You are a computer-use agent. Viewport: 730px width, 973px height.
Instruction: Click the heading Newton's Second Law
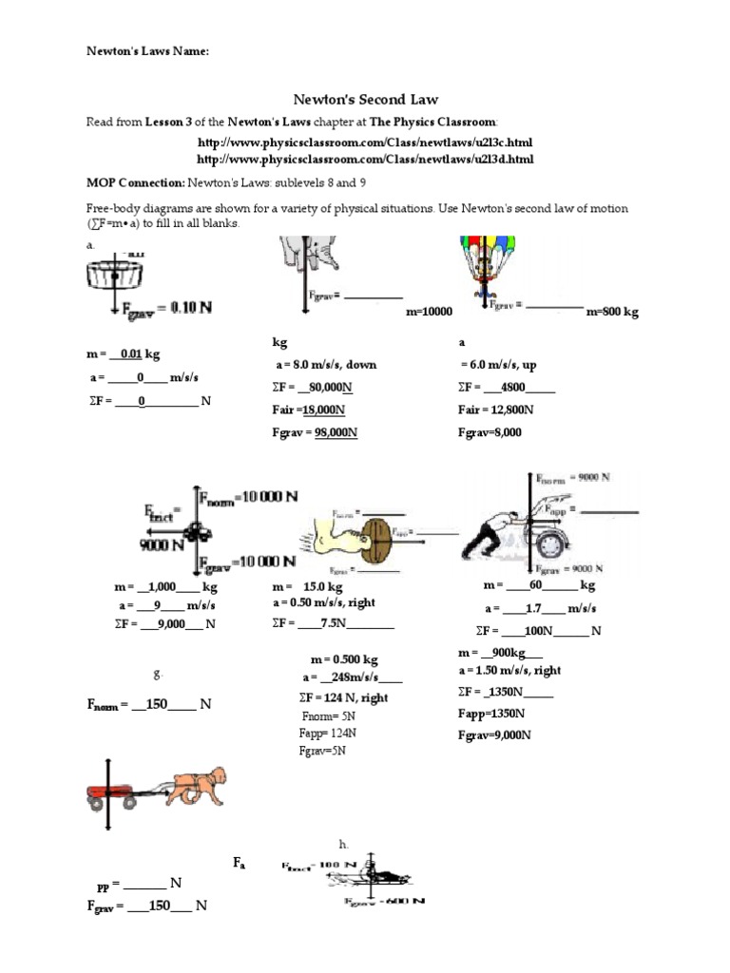coord(365,99)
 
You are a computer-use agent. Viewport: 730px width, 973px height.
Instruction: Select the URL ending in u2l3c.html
coord(365,142)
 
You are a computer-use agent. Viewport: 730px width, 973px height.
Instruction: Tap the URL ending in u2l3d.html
coord(365,159)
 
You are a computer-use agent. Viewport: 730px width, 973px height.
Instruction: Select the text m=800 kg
coord(612,312)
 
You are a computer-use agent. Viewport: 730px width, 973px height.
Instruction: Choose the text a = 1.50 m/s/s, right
coord(509,670)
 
